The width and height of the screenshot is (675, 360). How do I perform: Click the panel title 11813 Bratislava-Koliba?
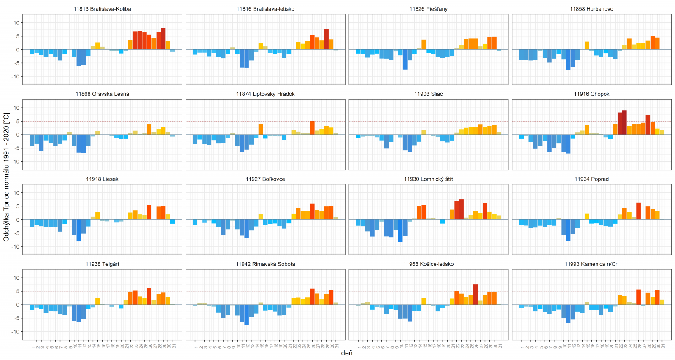pyautogui.click(x=102, y=9)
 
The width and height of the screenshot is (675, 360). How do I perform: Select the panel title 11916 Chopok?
pyautogui.click(x=591, y=94)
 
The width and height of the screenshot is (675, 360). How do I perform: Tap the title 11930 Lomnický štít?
pyautogui.click(x=428, y=179)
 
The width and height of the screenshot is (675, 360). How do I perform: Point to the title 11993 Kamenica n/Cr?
pyautogui.click(x=591, y=264)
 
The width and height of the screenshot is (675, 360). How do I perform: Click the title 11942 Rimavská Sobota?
pyautogui.click(x=265, y=264)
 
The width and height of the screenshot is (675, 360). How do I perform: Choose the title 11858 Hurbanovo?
pyautogui.click(x=591, y=9)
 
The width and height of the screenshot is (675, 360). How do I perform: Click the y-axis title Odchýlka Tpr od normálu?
pyautogui.click(x=6, y=177)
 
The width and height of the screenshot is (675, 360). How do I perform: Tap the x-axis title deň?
pyautogui.click(x=347, y=353)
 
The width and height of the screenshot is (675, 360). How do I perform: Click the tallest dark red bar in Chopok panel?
pyautogui.click(x=624, y=122)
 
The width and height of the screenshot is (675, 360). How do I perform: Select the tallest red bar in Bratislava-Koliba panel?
pyautogui.click(x=163, y=39)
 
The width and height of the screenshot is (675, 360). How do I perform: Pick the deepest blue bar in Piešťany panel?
pyautogui.click(x=405, y=60)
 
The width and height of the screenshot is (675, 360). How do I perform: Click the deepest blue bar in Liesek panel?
pyautogui.click(x=79, y=230)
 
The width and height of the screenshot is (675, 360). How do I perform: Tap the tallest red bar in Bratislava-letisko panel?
pyautogui.click(x=326, y=39)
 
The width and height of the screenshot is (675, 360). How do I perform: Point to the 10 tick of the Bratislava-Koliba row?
pyautogui.click(x=16, y=23)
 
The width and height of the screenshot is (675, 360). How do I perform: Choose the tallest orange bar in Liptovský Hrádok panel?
pyautogui.click(x=312, y=127)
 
